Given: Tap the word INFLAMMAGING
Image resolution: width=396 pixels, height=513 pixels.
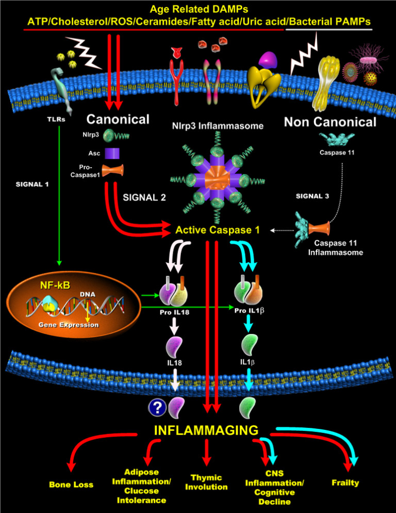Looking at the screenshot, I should click(x=206, y=430).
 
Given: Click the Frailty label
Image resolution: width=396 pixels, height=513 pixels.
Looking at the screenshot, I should click(x=345, y=483).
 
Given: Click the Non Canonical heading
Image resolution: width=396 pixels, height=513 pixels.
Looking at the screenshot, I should click(x=330, y=122).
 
